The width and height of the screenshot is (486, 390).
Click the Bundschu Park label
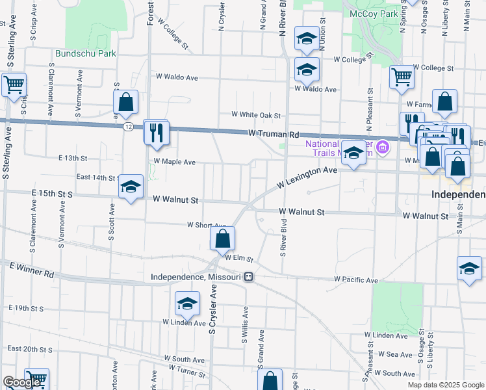point(86,54)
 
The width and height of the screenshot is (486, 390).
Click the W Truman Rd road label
point(277,133)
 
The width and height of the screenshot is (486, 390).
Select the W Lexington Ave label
point(307,177)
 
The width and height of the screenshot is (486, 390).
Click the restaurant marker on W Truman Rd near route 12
point(156,133)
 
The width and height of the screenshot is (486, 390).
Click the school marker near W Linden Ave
point(187,304)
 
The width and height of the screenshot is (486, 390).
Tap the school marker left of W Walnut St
point(131,187)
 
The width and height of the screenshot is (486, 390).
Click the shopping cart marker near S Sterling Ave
point(13,84)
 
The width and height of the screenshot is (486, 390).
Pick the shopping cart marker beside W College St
point(402,77)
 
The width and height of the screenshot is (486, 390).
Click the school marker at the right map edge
point(469,268)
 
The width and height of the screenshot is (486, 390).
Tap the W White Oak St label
point(257,115)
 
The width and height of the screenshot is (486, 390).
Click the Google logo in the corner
point(22,382)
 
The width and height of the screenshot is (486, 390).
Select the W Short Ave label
point(206,225)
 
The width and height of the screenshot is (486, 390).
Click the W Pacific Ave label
point(356,279)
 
